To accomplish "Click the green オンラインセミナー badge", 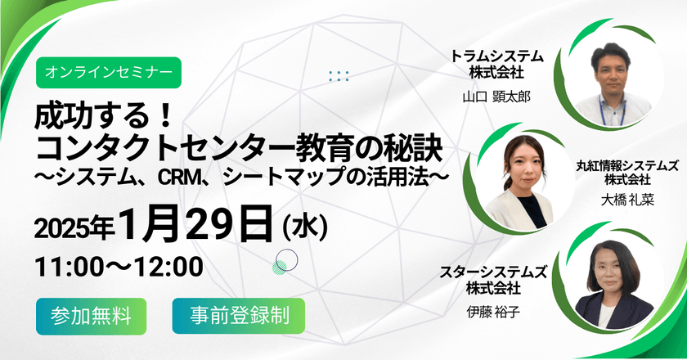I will (x=109, y=72).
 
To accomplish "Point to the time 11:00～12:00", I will (x=118, y=268).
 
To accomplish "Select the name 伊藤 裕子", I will (x=495, y=310).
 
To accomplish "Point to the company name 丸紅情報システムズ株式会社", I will (x=623, y=169).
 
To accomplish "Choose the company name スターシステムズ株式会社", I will (x=495, y=278).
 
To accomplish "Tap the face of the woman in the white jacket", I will (x=523, y=160).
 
